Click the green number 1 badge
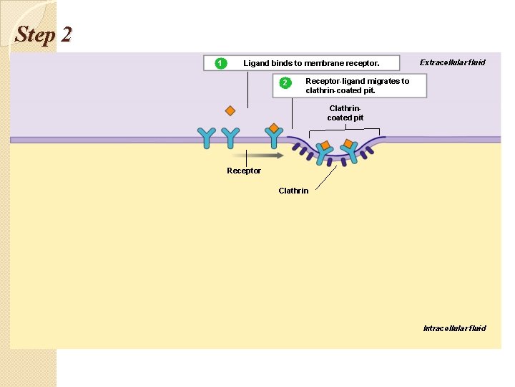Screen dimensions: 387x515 pyautogui.click(x=220, y=63)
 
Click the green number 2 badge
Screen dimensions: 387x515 pyautogui.click(x=285, y=83)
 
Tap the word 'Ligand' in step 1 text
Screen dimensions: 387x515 pyautogui.click(x=256, y=63)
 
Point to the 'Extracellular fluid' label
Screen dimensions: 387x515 pyautogui.click(x=452, y=62)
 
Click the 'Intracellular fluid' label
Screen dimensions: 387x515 pyautogui.click(x=454, y=328)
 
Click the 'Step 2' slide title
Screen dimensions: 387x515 pyautogui.click(x=43, y=34)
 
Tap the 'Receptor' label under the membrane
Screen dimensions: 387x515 pyautogui.click(x=244, y=171)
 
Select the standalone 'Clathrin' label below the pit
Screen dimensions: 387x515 pyautogui.click(x=293, y=191)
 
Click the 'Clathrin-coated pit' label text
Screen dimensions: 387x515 pyautogui.click(x=345, y=113)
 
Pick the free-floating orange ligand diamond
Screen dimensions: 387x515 pyautogui.click(x=230, y=111)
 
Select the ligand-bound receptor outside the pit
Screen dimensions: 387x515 pyautogui.click(x=273, y=136)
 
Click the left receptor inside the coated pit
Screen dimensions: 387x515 pyautogui.click(x=323, y=152)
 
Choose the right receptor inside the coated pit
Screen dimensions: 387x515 pyautogui.click(x=350, y=150)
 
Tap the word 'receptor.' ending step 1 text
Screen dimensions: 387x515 pyautogui.click(x=361, y=63)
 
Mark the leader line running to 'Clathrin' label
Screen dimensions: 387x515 pyautogui.click(x=325, y=176)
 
